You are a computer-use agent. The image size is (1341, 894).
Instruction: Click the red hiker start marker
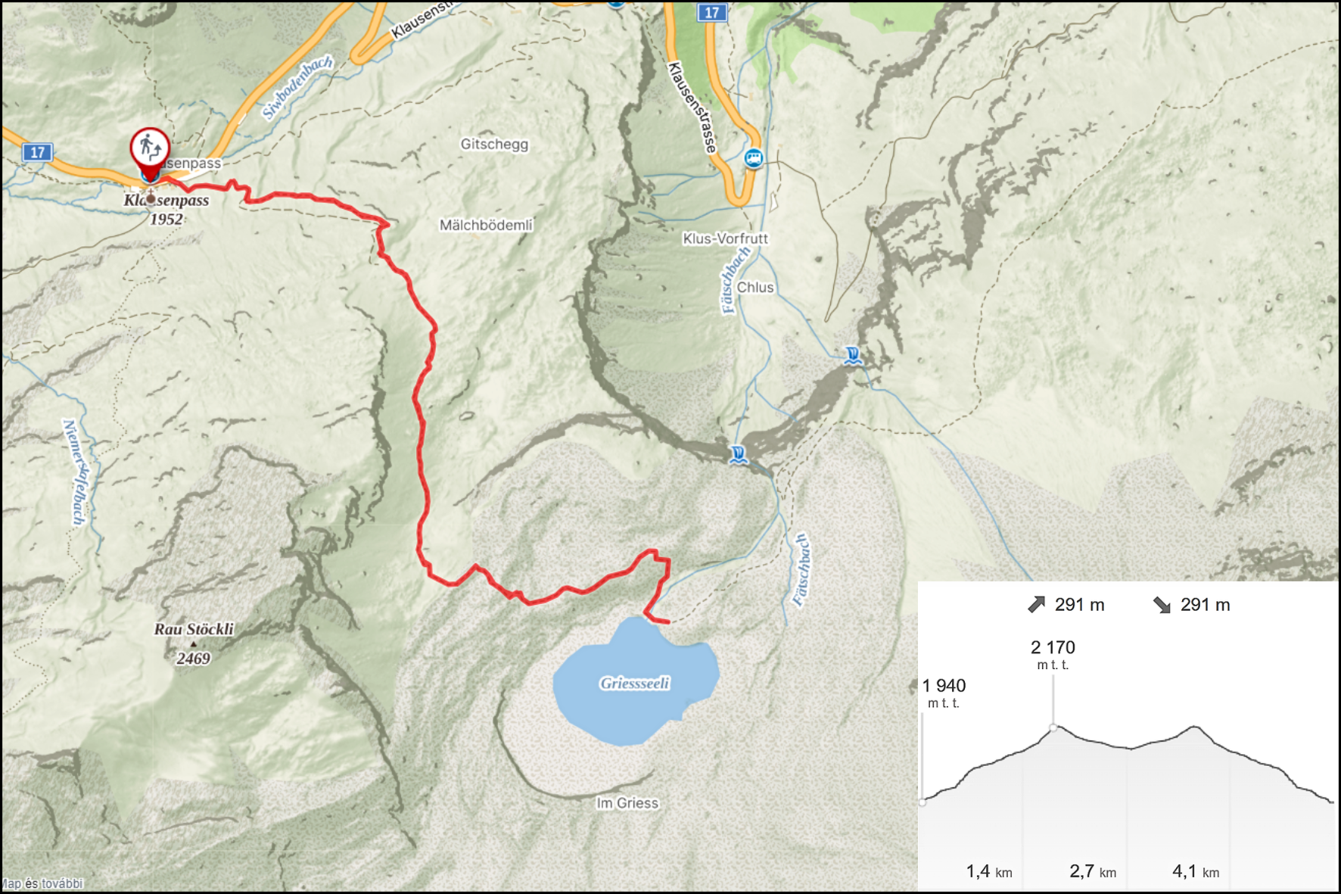(150, 148)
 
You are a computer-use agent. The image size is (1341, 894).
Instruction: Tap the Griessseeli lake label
(634, 683)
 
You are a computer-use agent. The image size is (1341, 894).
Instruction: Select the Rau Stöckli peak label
(194, 629)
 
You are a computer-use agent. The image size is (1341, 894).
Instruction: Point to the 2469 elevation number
(193, 659)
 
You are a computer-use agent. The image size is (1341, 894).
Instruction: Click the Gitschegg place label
(494, 144)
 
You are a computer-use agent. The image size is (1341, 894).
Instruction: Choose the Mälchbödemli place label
(486, 225)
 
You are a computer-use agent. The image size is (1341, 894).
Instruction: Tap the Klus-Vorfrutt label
(725, 238)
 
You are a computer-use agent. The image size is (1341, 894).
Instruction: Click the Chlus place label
(755, 288)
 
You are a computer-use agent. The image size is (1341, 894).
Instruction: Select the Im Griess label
(627, 803)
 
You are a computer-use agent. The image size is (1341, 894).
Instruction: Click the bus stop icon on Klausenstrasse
(753, 158)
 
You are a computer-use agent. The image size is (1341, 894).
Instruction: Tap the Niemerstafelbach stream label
(76, 472)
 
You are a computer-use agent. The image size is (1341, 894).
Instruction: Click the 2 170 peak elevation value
(1053, 647)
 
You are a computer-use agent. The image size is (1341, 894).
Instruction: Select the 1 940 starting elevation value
(944, 685)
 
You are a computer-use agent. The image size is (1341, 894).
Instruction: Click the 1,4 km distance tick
(988, 871)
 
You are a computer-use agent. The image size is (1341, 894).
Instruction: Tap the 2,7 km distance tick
(1092, 871)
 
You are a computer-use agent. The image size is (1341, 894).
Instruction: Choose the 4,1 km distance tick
(1195, 871)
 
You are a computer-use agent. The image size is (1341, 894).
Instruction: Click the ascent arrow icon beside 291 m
(1036, 604)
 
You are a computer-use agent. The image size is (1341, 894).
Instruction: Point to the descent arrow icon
(1162, 604)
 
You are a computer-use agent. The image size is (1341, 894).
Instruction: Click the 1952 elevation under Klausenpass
(166, 220)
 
